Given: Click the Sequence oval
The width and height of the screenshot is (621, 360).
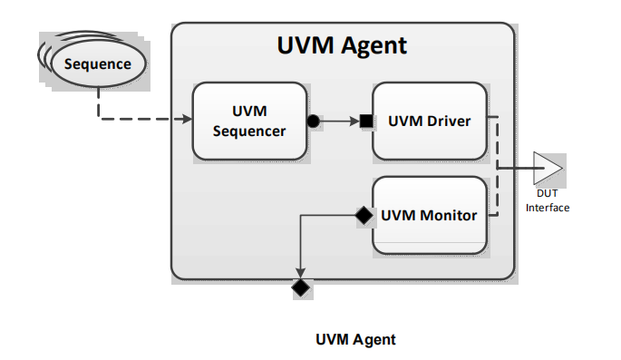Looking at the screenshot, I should pyautogui.click(x=97, y=64).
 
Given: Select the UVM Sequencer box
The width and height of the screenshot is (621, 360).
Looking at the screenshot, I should pyautogui.click(x=248, y=121).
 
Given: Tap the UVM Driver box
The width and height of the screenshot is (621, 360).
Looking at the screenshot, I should pyautogui.click(x=429, y=121).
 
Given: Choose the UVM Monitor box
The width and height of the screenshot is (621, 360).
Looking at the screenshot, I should pyautogui.click(x=429, y=216).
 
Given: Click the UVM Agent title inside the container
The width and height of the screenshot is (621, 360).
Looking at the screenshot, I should pyautogui.click(x=342, y=45).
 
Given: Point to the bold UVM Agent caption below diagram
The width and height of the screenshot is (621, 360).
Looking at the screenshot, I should pyautogui.click(x=355, y=340).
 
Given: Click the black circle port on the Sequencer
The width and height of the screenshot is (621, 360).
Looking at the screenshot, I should pyautogui.click(x=313, y=121).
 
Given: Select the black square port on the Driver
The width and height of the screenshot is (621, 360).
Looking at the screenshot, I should pyautogui.click(x=365, y=121).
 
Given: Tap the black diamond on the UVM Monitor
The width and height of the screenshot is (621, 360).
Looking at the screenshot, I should pyautogui.click(x=364, y=216).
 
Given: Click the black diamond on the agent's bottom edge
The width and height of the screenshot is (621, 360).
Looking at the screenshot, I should pyautogui.click(x=300, y=288).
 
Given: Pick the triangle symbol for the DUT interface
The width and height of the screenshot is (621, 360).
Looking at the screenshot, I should pyautogui.click(x=547, y=168).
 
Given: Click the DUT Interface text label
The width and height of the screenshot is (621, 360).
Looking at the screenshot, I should pyautogui.click(x=547, y=201).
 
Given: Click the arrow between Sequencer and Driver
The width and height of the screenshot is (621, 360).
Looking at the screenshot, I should pyautogui.click(x=340, y=121).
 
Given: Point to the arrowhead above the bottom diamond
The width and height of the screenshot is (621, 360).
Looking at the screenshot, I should pyautogui.click(x=300, y=273).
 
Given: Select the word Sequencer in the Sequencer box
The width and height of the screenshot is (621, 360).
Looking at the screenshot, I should pyautogui.click(x=248, y=131).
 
